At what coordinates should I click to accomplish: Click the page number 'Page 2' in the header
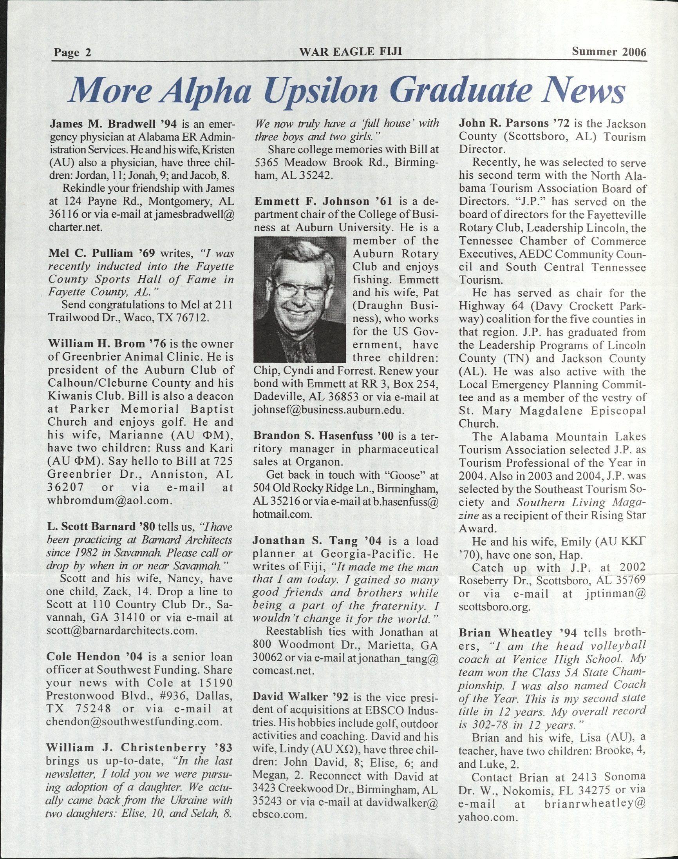pos(72,53)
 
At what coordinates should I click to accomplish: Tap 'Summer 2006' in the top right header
pos(609,52)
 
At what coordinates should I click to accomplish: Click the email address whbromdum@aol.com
pos(109,500)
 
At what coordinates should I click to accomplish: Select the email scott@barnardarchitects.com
pos(121,631)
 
